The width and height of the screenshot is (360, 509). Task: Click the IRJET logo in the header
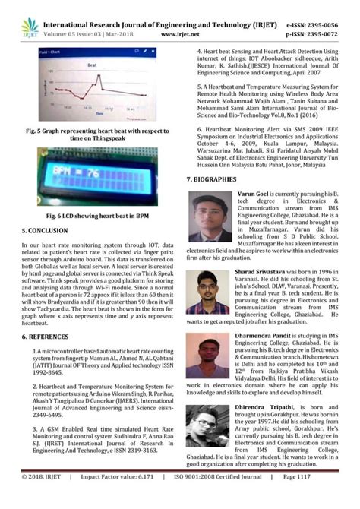coord(31,28)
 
